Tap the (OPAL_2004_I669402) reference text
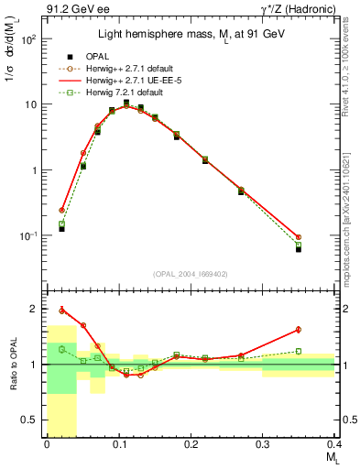[x=190, y=273]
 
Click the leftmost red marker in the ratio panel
[x=62, y=310]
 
